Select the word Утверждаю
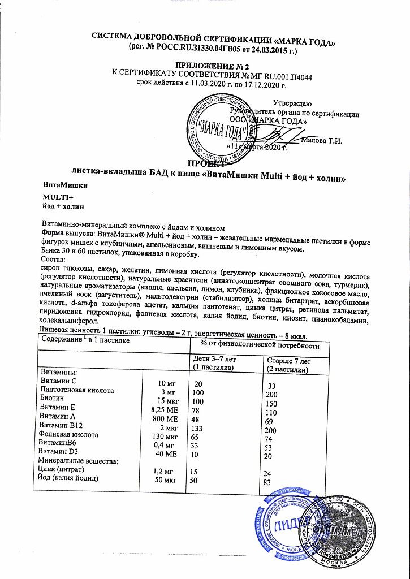292,103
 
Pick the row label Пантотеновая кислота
77,391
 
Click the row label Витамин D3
59,452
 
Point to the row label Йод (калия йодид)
71,479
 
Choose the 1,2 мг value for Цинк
164,470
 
